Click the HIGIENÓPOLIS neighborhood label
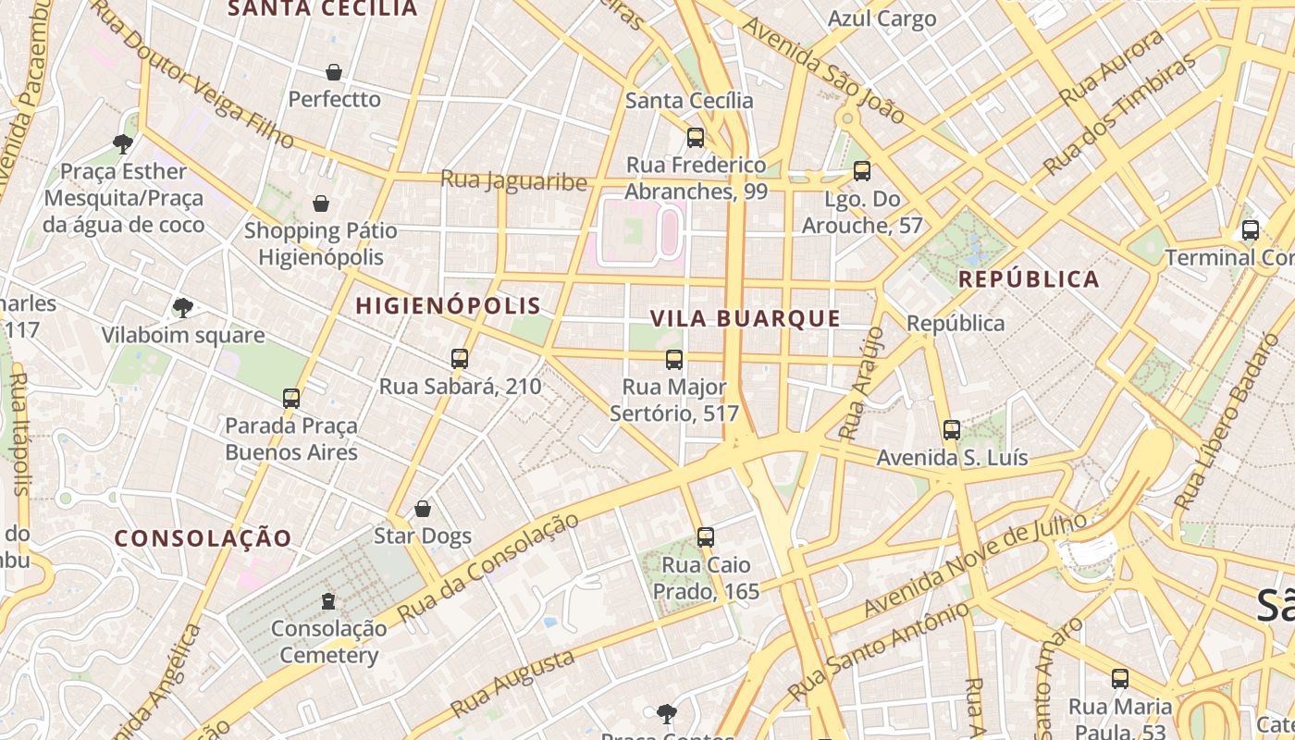[449, 305]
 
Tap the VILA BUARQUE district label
[745, 318]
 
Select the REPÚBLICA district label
[1029, 278]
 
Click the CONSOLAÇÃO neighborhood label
[203, 537]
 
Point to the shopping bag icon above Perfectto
[334, 72]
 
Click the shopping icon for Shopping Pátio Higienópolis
[321, 203]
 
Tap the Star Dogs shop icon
[423, 509]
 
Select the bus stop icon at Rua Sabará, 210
[460, 359]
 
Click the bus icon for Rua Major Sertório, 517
[674, 360]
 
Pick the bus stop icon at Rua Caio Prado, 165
[706, 537]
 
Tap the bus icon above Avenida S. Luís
[952, 430]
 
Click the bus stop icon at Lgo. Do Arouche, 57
[862, 171]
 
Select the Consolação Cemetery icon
[328, 601]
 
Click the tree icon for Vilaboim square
[183, 307]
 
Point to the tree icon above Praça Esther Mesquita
[122, 143]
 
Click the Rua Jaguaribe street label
[513, 179]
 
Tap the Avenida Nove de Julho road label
[975, 564]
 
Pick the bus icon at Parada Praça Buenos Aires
[291, 399]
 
